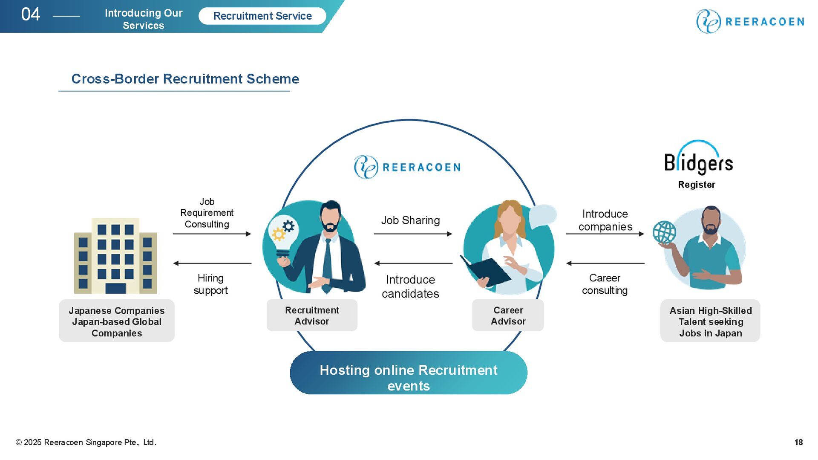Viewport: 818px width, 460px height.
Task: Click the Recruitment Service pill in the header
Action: [x=262, y=16]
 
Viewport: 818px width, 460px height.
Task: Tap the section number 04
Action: [x=31, y=14]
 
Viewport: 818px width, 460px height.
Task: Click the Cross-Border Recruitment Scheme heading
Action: [x=185, y=79]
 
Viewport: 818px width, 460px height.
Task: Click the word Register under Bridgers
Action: [x=697, y=185]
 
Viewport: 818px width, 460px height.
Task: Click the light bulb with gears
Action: [x=282, y=237]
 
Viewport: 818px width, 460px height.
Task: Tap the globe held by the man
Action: [x=664, y=233]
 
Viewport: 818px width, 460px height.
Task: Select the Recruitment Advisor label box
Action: [x=312, y=315]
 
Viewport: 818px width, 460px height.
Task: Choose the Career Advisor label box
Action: [x=508, y=315]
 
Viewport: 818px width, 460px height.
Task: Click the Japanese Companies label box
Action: [x=117, y=321]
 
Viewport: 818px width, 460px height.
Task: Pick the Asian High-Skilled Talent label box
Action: [x=710, y=321]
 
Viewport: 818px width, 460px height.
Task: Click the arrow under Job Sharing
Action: [x=413, y=234]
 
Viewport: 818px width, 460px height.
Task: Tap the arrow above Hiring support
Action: [x=212, y=263]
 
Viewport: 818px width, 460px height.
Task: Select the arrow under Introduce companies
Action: [x=605, y=234]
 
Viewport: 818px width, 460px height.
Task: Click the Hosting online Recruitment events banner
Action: [x=408, y=373]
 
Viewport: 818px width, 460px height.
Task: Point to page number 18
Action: [x=798, y=442]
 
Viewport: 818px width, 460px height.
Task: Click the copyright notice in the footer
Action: [x=86, y=442]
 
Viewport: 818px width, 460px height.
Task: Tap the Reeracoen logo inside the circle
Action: [x=407, y=167]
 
